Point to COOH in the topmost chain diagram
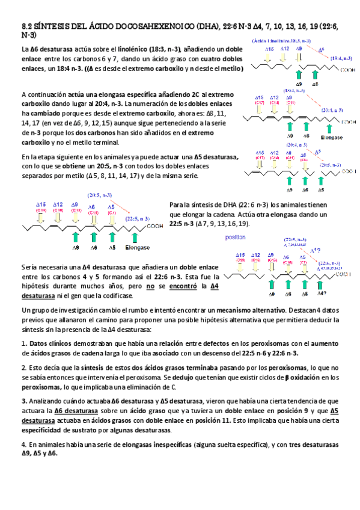point(347,70)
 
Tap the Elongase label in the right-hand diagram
point(331,137)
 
